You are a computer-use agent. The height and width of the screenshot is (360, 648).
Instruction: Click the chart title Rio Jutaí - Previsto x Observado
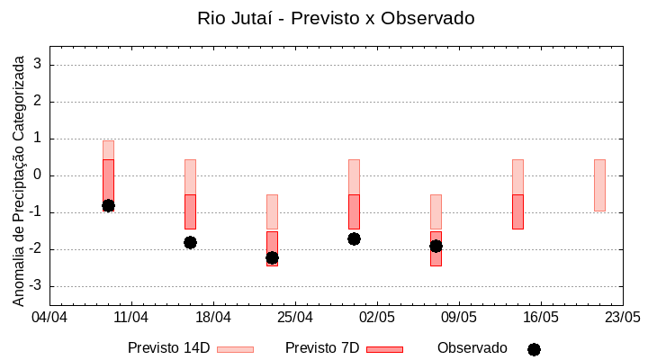(336, 18)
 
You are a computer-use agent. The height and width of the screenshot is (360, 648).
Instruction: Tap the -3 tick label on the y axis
(37, 286)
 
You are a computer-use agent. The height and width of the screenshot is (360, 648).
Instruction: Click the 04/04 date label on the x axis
(49, 318)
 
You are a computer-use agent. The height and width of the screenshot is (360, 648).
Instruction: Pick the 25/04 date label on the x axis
(295, 318)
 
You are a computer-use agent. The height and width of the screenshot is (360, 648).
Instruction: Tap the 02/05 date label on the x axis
(377, 318)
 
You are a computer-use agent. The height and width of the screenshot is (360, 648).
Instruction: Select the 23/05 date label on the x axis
(622, 318)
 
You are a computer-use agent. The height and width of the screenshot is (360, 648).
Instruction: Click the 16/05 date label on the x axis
(541, 318)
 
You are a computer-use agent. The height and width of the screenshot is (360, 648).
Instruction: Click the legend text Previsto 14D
(168, 348)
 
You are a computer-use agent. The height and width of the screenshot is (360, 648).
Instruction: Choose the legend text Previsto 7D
(322, 348)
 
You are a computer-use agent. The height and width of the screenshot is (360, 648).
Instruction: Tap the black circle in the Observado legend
(534, 349)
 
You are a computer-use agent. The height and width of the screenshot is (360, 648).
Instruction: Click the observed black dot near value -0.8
(108, 205)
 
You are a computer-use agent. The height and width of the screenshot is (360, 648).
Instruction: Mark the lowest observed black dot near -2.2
(272, 257)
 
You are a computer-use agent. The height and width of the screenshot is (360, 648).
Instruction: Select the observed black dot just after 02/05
(354, 238)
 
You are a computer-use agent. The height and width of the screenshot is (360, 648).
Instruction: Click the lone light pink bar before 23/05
(599, 184)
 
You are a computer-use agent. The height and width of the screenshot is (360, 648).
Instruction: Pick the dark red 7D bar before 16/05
(517, 211)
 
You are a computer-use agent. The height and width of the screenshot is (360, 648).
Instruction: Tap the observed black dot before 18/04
(190, 242)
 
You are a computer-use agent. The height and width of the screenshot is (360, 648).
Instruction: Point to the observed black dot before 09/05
(436, 246)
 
